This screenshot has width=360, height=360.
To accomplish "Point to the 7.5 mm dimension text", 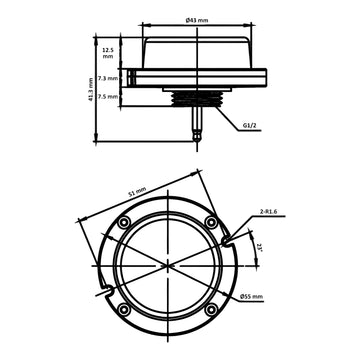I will (107, 98).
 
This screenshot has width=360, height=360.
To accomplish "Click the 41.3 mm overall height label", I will (91, 92).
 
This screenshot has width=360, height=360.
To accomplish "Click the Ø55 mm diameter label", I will (253, 295).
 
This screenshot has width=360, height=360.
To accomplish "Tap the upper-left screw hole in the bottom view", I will (123, 221).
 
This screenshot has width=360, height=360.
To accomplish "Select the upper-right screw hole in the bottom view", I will (211, 221).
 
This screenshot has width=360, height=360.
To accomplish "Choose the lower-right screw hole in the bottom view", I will (211, 309).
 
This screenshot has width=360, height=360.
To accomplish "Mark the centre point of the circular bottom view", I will (167, 265).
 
